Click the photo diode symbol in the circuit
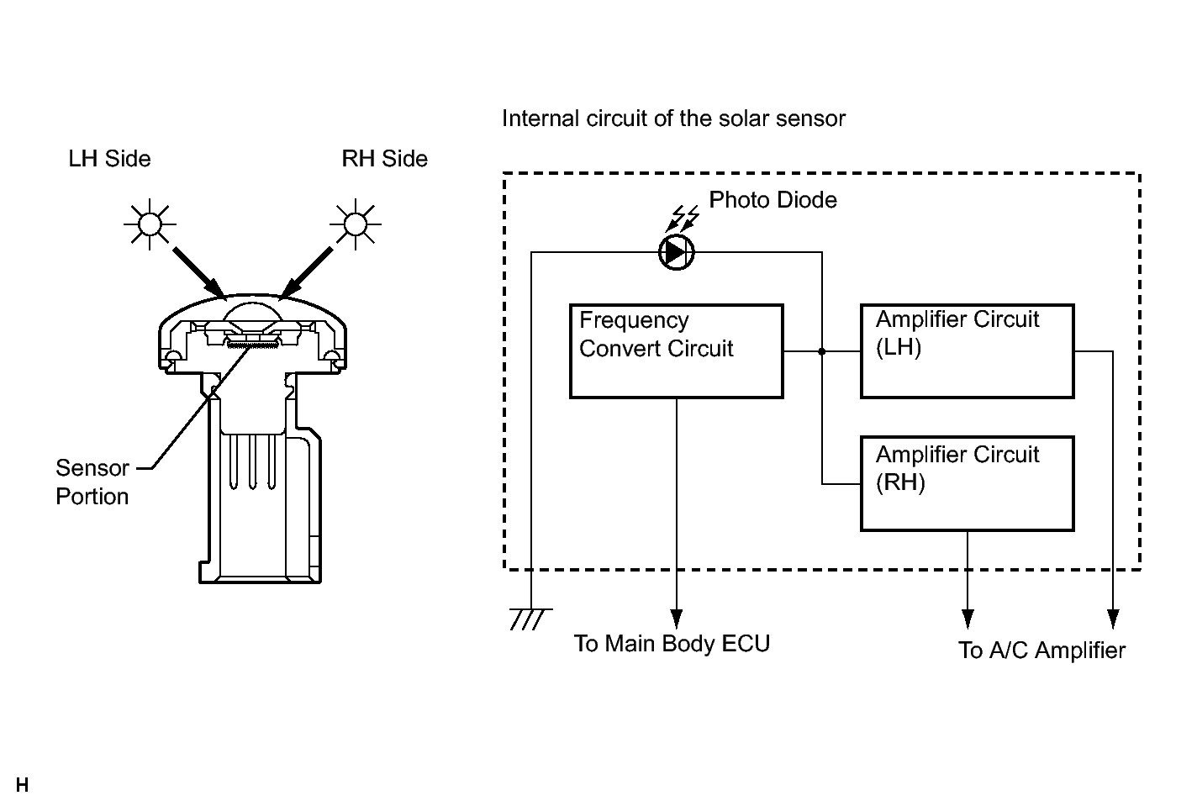coord(676,252)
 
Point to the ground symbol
coord(530,619)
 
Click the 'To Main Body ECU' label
coord(672,644)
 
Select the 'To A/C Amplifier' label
coord(1041,651)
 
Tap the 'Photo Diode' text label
coord(773,200)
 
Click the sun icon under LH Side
coord(150,224)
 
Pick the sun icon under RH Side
coord(356,224)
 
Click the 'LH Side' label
coord(109,159)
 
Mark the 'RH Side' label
coord(385,159)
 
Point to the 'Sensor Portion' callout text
coord(92,482)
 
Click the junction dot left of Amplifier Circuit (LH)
coord(822,351)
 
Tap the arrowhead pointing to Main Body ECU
coord(677,619)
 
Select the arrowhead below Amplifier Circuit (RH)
coord(968,619)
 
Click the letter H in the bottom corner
coord(22,785)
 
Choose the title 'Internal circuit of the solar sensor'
coord(673,119)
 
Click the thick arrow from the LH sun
coord(199,272)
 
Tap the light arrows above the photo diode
coord(683,219)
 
